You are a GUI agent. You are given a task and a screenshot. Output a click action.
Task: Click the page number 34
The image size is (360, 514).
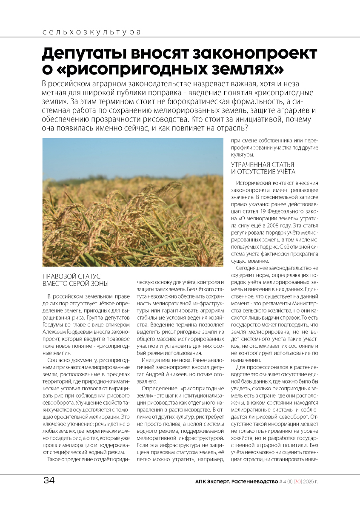pos(49,481)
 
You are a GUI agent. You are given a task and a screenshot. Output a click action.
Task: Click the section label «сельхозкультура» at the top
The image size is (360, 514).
pos(92,32)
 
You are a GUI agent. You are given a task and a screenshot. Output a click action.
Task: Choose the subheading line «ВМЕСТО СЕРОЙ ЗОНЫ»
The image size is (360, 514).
pos(76,284)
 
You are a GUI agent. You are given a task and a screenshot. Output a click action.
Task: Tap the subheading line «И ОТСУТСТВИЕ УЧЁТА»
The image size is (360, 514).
pos(263,172)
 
